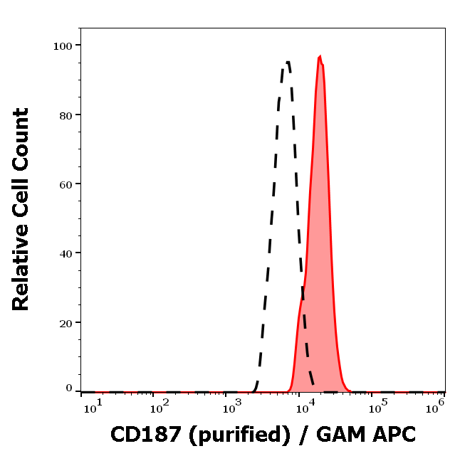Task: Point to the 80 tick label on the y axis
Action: (x=66, y=115)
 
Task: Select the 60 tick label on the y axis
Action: (x=66, y=184)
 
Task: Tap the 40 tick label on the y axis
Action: (x=66, y=253)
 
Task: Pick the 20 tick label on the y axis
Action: (x=66, y=322)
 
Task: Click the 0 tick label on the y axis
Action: (x=69, y=388)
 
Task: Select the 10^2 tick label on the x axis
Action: (x=160, y=407)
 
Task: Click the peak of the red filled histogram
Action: (x=320, y=56)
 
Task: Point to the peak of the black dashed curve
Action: (x=287, y=62)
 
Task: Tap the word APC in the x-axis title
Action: (x=392, y=433)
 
